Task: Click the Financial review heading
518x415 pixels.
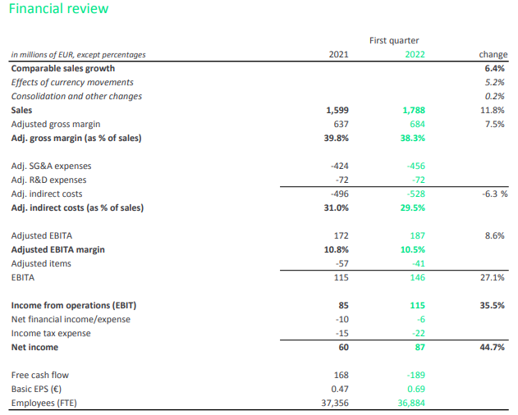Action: point(58,8)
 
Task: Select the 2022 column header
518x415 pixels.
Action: point(415,54)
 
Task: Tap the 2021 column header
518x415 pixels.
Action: point(338,54)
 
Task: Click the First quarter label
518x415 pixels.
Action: point(394,40)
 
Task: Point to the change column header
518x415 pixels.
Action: point(493,54)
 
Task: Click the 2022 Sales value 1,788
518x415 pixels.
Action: point(414,110)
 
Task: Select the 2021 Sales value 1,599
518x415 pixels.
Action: point(337,110)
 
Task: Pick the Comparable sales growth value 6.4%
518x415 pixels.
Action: point(494,68)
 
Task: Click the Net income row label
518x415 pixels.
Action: point(34,347)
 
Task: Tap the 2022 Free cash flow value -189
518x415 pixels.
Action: point(416,375)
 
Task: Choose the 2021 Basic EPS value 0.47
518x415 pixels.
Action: point(340,389)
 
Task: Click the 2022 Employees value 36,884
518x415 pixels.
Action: point(411,403)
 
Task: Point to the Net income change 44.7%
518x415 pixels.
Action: point(493,347)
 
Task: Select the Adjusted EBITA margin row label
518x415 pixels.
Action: point(57,249)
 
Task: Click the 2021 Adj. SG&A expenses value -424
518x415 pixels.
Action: point(340,166)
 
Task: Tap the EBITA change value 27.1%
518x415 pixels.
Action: point(493,277)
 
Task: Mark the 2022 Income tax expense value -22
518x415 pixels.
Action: point(419,333)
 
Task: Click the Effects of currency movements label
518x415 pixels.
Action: point(72,82)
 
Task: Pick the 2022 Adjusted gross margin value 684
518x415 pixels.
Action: point(418,124)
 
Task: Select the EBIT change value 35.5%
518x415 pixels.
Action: point(493,305)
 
